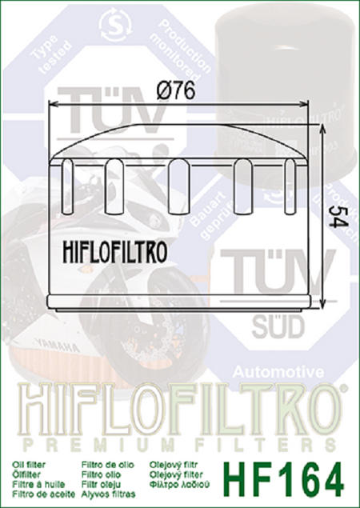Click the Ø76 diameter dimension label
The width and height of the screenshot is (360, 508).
point(177,91)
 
